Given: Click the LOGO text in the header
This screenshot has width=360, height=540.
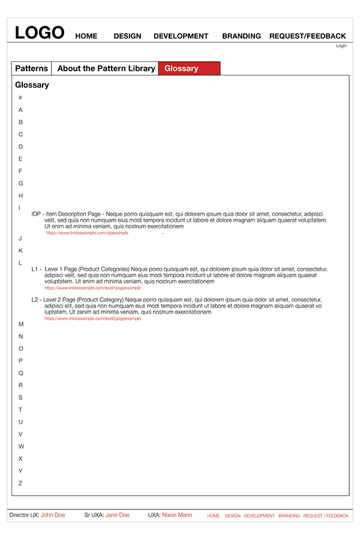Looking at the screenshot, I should (x=40, y=32).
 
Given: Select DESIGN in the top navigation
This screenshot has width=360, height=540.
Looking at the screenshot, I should (x=127, y=36).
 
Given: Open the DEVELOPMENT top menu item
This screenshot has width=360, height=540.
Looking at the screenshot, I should (x=181, y=36).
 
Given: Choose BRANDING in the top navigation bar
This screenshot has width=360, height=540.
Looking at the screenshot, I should (x=241, y=36).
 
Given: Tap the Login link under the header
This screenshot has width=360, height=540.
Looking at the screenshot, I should (x=341, y=46).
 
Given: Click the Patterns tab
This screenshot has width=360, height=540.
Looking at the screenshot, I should (x=31, y=68).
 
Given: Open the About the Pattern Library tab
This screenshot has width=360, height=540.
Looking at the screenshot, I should (x=106, y=68).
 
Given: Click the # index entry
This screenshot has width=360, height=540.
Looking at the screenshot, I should (x=20, y=98).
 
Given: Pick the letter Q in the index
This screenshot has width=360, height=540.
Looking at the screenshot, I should (x=21, y=373).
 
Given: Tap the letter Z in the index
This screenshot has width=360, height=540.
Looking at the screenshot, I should (x=20, y=483).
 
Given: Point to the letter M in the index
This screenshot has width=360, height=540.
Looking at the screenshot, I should (x=21, y=324).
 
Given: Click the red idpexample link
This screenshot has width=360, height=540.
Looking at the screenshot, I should (x=87, y=233).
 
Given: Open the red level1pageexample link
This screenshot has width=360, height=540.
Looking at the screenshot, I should (x=92, y=288).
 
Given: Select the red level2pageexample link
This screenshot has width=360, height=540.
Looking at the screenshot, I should (x=92, y=319).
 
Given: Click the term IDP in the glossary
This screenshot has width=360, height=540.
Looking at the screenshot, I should (x=36, y=214).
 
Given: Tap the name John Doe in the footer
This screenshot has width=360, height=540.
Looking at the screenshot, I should (x=53, y=515).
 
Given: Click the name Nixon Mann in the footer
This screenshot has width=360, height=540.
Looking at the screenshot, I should (x=178, y=515).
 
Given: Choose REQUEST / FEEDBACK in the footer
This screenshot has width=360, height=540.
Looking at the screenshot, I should (x=325, y=515).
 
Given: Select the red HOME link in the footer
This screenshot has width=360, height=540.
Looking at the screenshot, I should (x=213, y=515).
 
